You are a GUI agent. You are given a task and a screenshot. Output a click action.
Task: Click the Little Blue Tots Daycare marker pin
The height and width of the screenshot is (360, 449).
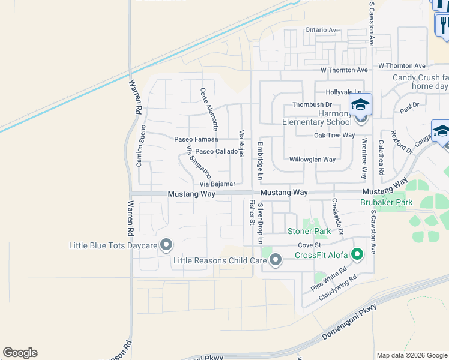(x=167, y=245)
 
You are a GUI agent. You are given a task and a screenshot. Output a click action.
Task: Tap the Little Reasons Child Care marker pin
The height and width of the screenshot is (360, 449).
(x=276, y=260)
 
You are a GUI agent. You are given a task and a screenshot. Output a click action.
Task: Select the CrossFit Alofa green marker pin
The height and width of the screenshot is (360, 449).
(x=357, y=255)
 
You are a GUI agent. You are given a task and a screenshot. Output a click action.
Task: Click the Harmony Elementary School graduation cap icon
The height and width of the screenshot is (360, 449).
(x=360, y=106)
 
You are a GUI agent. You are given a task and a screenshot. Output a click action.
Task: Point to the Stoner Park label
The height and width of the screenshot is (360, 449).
(x=309, y=231)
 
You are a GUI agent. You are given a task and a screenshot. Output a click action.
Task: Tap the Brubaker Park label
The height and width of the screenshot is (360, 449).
(x=386, y=203)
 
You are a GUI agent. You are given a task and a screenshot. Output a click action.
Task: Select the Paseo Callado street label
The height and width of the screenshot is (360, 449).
(x=217, y=151)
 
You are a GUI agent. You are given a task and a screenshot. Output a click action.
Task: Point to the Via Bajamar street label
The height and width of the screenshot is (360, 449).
(x=217, y=184)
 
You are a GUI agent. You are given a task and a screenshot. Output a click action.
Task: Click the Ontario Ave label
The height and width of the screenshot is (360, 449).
(x=322, y=30)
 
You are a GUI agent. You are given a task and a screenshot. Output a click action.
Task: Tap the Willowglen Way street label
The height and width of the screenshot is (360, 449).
(x=312, y=160)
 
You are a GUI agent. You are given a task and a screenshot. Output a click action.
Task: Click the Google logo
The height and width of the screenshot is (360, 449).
(x=20, y=353)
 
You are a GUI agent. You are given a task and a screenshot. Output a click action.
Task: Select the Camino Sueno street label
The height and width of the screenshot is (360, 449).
(x=141, y=146)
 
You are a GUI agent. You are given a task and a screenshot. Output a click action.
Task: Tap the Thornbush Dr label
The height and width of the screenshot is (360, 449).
(x=312, y=104)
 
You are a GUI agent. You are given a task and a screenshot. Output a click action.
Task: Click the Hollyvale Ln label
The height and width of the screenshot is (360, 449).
(x=342, y=92)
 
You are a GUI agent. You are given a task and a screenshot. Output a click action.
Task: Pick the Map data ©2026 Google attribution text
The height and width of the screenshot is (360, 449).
(x=412, y=355)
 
